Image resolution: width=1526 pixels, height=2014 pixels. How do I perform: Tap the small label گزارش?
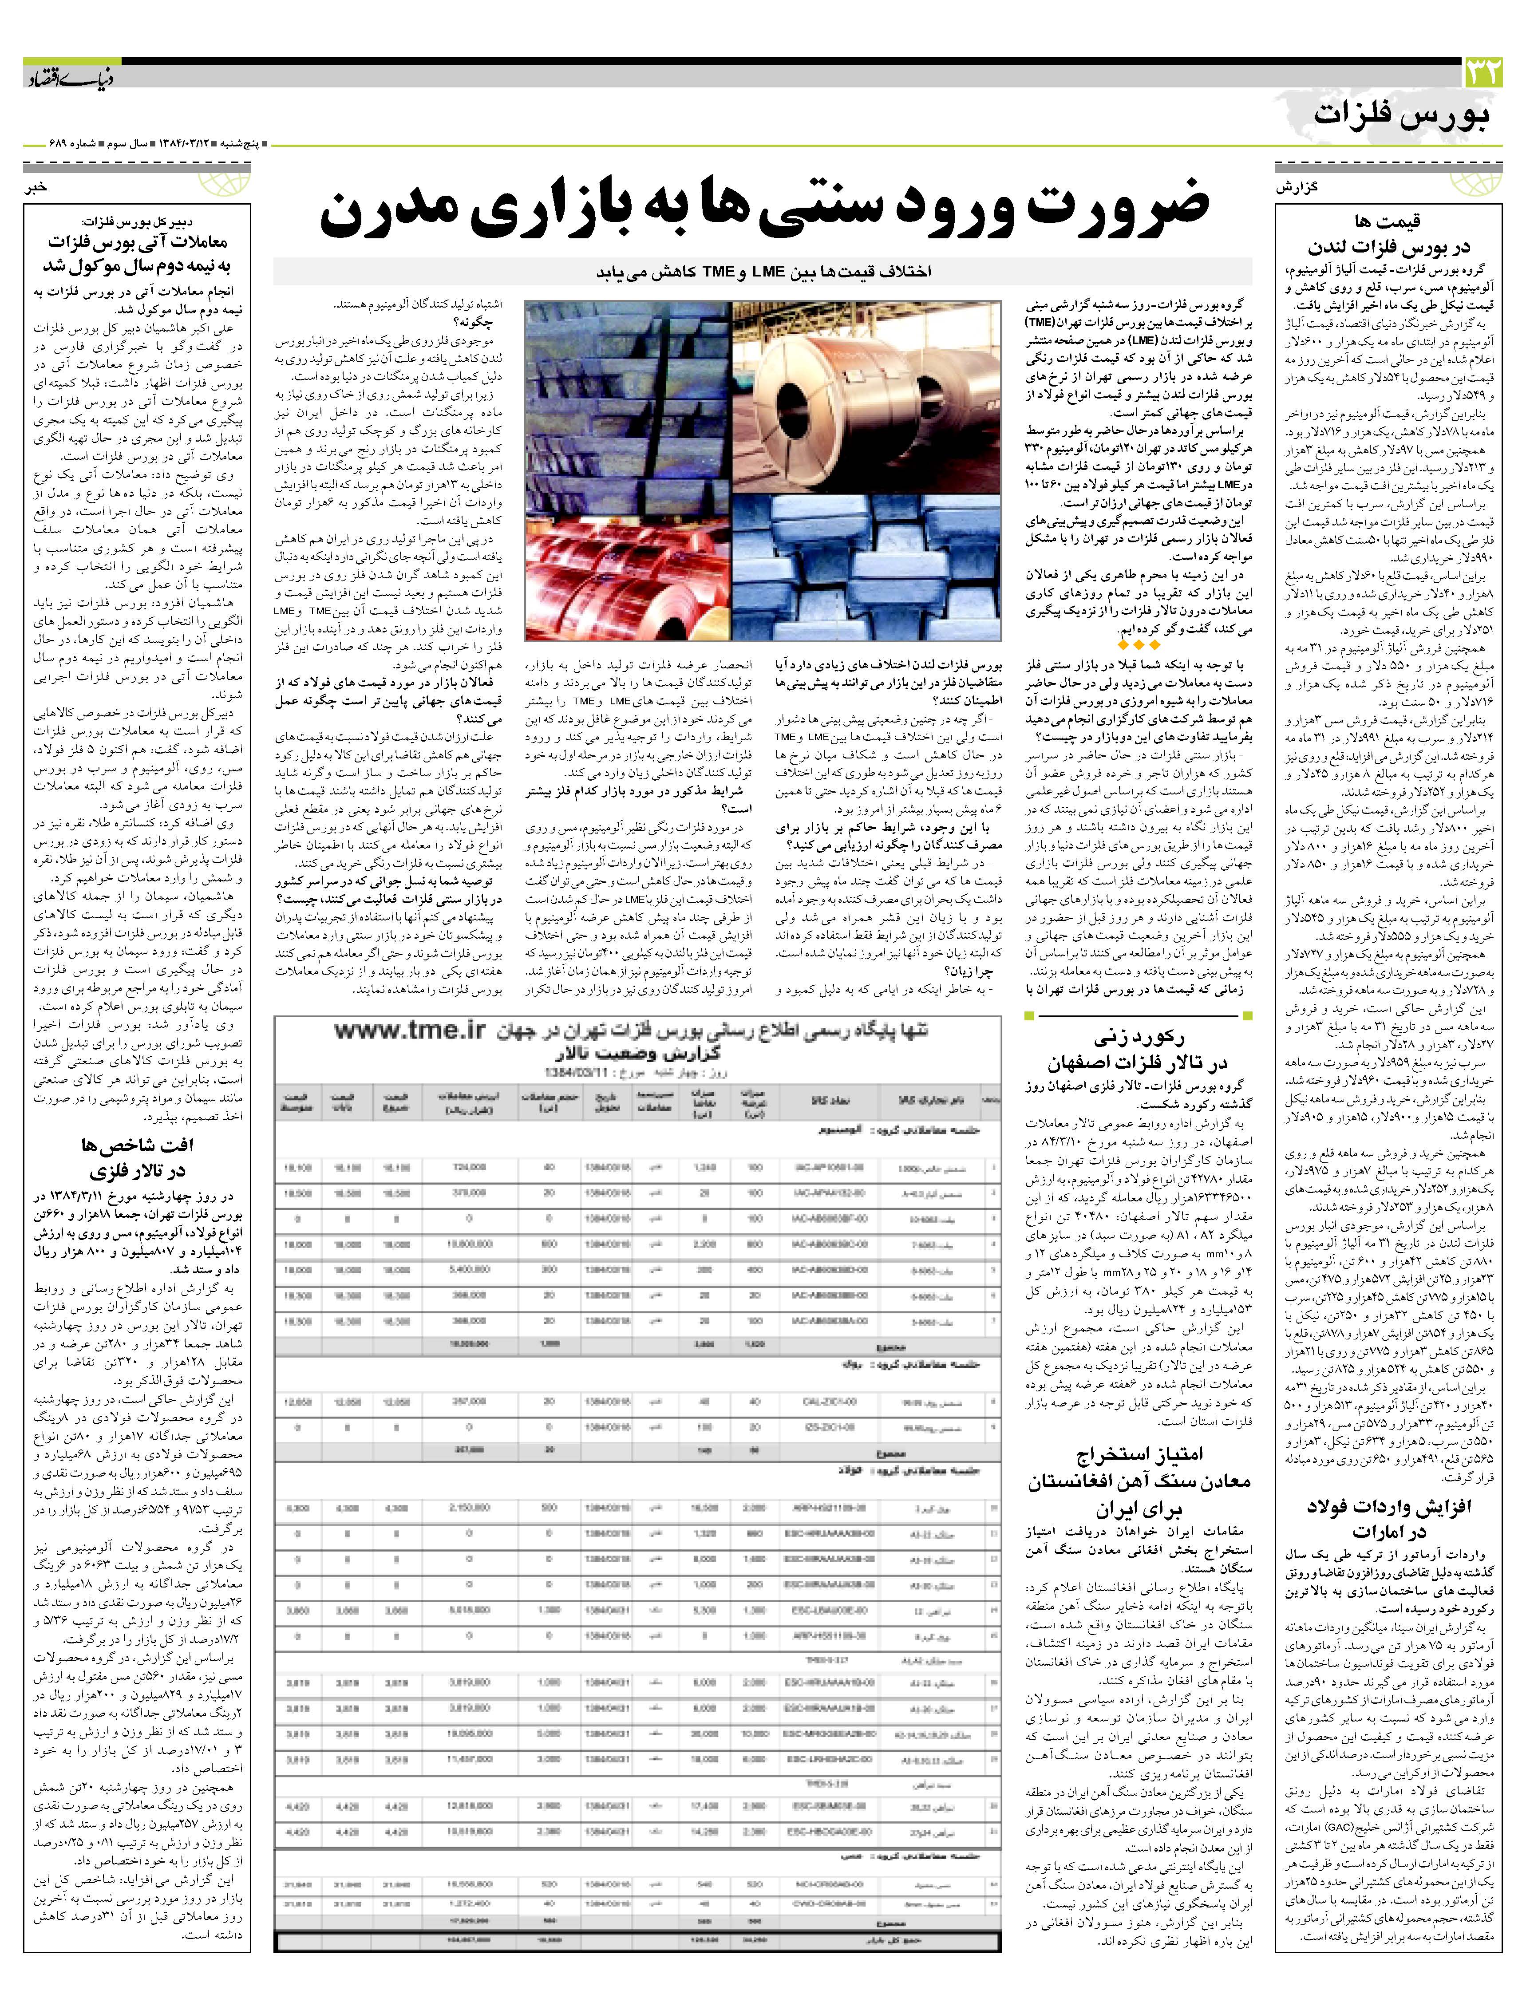tap(1297, 187)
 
